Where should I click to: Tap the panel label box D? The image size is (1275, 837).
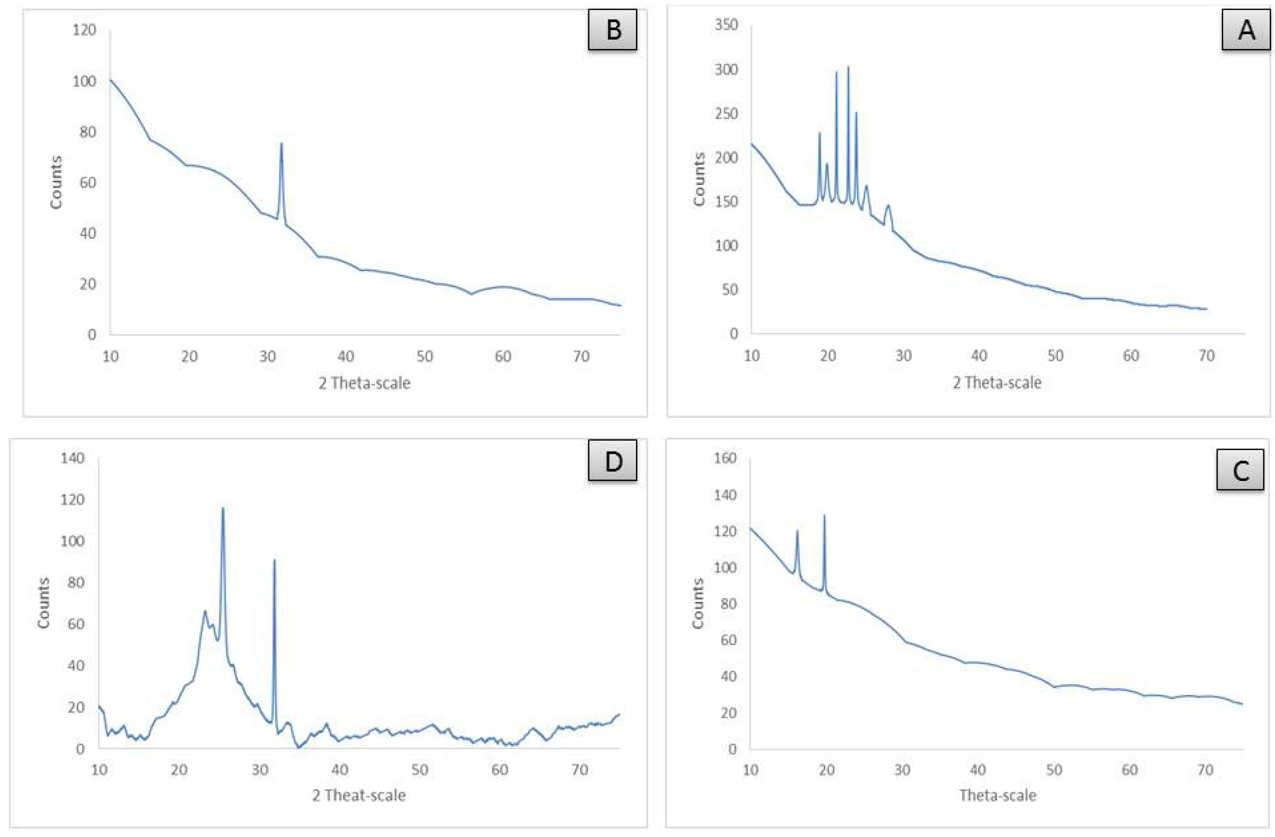(x=612, y=460)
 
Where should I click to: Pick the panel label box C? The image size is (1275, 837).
(x=1240, y=470)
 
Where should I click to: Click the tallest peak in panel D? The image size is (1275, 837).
(x=223, y=509)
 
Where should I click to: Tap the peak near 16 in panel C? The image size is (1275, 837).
(x=797, y=532)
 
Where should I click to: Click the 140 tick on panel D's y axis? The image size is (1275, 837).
(x=73, y=458)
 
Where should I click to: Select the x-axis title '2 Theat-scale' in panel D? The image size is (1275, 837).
(x=359, y=795)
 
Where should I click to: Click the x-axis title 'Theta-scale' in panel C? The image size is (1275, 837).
(x=998, y=795)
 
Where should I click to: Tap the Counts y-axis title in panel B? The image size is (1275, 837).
(x=56, y=182)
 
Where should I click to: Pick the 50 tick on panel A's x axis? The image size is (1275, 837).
(x=1055, y=356)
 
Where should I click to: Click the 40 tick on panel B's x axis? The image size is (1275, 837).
(x=345, y=356)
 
